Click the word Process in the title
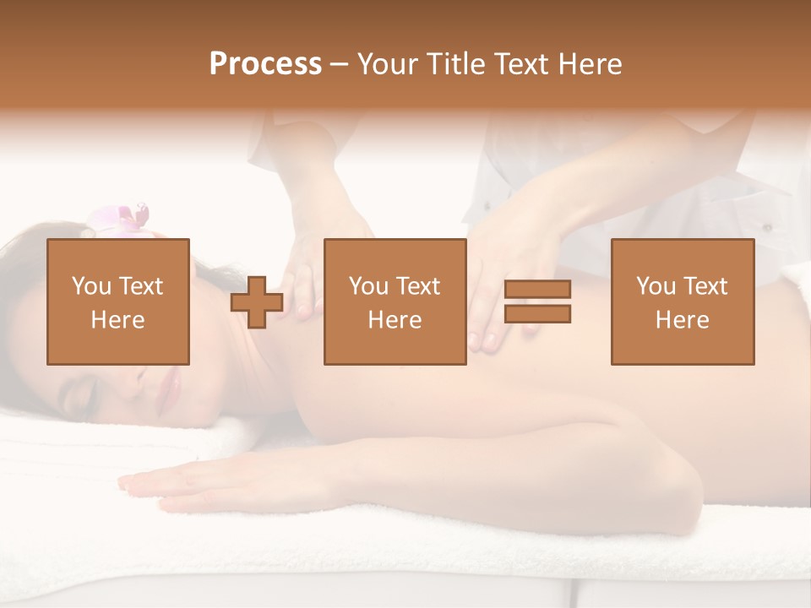265,64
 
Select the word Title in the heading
453,64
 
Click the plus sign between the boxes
257,302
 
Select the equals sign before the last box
537,302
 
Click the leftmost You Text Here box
118,302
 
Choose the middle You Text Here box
395,302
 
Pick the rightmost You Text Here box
682,302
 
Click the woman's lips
176,384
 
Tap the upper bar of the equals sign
537,290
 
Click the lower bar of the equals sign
537,314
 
